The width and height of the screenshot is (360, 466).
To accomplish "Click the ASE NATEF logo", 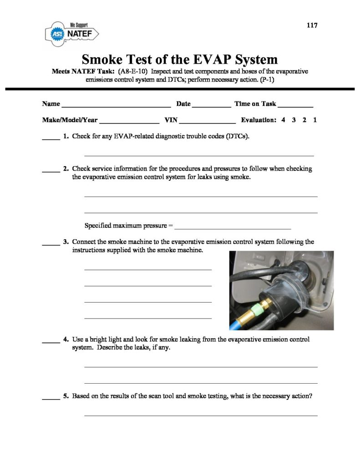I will coord(71,33).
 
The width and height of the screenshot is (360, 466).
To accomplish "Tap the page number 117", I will coord(312,25).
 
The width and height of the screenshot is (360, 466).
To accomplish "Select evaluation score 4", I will coord(283,120).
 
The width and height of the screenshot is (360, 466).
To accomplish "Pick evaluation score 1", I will coord(315,120).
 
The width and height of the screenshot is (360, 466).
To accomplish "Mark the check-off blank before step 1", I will coord(51,138).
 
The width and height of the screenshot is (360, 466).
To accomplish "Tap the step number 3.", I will coord(66,242).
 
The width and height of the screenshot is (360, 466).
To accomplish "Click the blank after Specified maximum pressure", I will coord(233,227).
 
